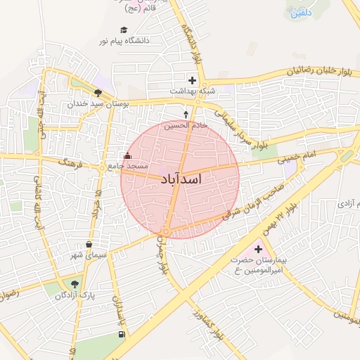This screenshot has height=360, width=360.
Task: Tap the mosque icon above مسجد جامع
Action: (127, 156)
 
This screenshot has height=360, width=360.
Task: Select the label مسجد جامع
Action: (128, 166)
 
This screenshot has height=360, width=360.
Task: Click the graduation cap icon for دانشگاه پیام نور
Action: (124, 30)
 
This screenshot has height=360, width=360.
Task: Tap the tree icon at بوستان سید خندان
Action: (98, 92)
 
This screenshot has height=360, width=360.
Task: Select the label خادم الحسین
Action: (186, 125)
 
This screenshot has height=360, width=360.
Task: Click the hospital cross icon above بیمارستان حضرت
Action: (258, 249)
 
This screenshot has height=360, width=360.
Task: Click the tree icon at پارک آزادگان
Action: (74, 284)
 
